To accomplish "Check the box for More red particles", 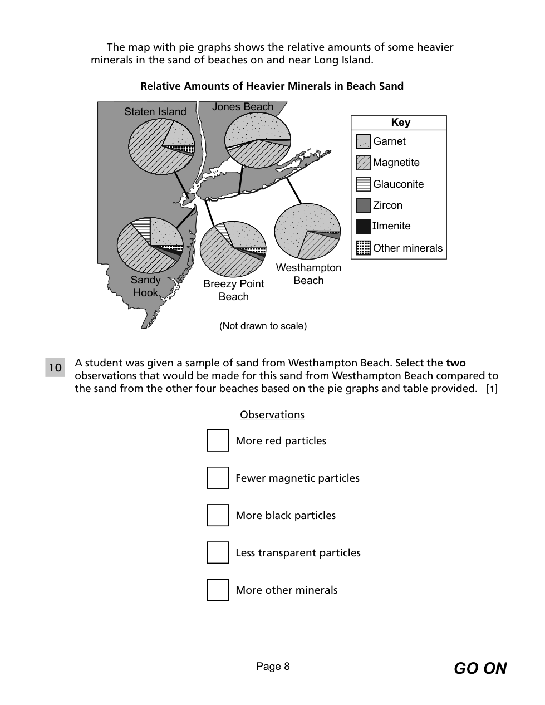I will [x=218, y=440].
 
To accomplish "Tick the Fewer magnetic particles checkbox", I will [x=218, y=478].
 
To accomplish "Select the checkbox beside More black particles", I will [x=218, y=515].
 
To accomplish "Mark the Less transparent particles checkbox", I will [x=218, y=552].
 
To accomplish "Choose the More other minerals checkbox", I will [x=218, y=590].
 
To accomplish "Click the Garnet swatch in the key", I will [x=363, y=141].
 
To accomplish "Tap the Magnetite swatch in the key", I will [x=363, y=163].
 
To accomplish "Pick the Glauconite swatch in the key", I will [x=363, y=184].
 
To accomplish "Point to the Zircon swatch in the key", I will [x=363, y=205].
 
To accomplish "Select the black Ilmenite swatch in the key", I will [x=363, y=226].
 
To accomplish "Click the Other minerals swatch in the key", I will [x=363, y=248].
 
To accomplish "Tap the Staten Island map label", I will [x=155, y=112].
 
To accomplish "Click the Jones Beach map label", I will [x=243, y=107].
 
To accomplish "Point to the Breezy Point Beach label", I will [x=233, y=290].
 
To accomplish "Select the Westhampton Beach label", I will [x=308, y=274].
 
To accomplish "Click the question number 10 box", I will [x=55, y=368].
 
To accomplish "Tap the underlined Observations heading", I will [x=272, y=415].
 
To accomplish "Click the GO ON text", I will [x=480, y=668].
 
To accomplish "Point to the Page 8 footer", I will [x=273, y=667].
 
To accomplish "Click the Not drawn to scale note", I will [x=263, y=326].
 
